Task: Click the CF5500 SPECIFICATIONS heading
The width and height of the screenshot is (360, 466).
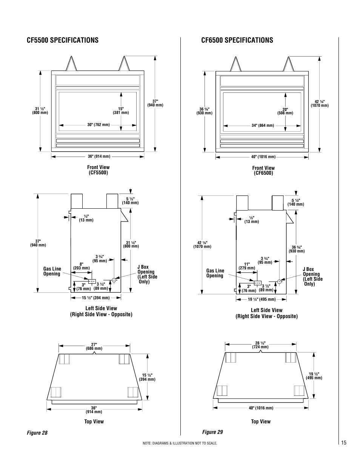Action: click(x=62, y=40)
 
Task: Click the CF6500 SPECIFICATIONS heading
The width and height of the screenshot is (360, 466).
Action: click(x=237, y=40)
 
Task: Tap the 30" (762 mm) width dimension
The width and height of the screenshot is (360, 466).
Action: click(x=98, y=125)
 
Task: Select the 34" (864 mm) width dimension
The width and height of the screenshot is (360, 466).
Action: click(x=263, y=125)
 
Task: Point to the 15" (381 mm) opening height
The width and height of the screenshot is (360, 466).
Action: click(x=121, y=111)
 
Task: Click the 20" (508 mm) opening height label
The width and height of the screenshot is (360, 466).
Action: click(x=285, y=111)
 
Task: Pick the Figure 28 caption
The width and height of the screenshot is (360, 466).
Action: click(x=37, y=433)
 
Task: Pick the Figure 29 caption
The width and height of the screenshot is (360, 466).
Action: click(x=212, y=432)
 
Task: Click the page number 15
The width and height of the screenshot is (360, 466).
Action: click(x=343, y=443)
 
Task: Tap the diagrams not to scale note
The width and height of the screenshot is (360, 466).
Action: click(x=180, y=443)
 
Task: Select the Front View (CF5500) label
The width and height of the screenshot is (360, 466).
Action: click(x=98, y=170)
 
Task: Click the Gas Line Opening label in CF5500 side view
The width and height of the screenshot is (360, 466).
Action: click(x=52, y=271)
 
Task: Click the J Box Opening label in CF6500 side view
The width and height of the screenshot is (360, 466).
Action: click(x=312, y=277)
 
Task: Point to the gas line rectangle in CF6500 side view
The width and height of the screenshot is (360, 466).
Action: click(x=257, y=283)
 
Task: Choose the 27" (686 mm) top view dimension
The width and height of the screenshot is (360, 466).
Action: click(x=94, y=346)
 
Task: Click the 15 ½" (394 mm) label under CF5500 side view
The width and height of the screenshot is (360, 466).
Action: click(x=96, y=297)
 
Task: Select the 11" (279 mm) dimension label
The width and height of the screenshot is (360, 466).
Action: click(x=247, y=266)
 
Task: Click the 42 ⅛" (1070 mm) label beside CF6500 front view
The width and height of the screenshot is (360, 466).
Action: click(x=320, y=103)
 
